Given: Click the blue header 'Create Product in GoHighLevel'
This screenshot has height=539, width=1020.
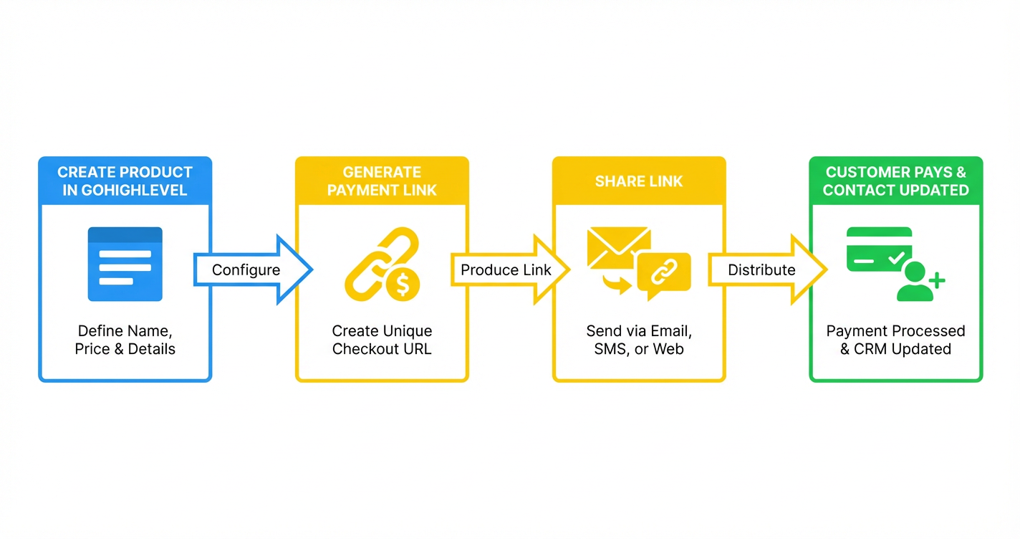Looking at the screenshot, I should coord(125,181).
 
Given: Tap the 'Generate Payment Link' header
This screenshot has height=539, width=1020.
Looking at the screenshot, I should coord(382,181).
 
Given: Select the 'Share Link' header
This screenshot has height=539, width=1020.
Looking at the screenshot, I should coord(639,181).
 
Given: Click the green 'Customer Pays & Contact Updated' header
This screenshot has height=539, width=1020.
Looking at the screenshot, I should coord(895,181).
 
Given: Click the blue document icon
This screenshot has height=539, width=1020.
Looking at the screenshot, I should coord(125,264).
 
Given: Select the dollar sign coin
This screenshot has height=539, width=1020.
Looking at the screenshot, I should coord(403,284).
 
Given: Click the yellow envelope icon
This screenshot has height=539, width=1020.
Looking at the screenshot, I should coord(618,247).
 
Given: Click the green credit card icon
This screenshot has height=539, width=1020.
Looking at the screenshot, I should coord(879,249).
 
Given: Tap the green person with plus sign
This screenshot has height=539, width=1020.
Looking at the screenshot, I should coord(918,282).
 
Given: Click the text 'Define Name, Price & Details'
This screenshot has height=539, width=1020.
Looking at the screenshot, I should coord(125,340).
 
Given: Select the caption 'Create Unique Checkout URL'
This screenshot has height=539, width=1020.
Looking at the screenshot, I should coord(382,340).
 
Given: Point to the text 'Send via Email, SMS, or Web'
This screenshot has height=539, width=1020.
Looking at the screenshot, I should coord(639,340).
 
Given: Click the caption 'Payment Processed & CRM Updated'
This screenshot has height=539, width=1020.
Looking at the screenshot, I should coord(895,340).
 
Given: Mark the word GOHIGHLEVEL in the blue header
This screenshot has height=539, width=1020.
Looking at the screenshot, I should coord(125,190).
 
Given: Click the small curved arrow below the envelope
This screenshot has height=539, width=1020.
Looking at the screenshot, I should coord(617,284).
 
